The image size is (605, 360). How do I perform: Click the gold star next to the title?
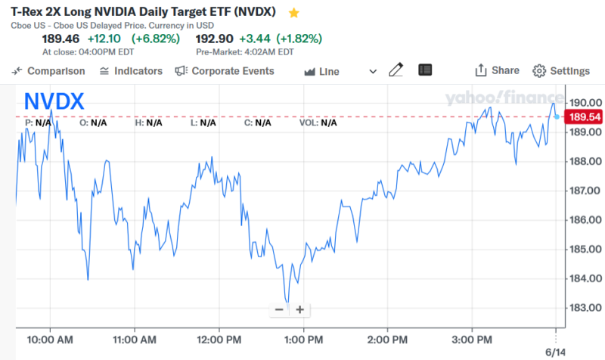tap(294, 13)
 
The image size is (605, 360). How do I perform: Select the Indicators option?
tap(131, 71)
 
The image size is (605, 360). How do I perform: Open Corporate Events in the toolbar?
tap(225, 71)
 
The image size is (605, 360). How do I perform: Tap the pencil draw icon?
tap(396, 70)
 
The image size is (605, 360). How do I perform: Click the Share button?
tap(497, 70)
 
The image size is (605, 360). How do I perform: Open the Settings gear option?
tap(561, 71)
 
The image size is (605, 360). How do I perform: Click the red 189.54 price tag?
tap(585, 117)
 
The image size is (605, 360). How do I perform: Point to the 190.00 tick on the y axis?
tap(586, 102)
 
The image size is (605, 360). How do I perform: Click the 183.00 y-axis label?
tap(586, 308)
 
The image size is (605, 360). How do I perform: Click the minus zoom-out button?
tap(279, 309)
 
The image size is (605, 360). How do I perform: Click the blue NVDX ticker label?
tap(54, 101)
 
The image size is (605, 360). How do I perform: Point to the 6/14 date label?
tap(556, 352)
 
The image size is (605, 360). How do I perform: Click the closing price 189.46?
tap(60, 39)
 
